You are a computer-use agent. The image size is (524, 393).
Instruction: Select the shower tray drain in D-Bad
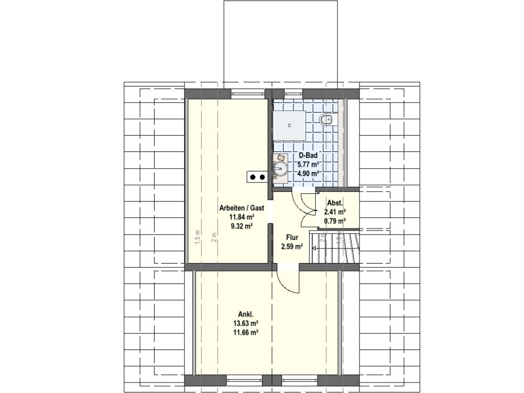coord(289,125)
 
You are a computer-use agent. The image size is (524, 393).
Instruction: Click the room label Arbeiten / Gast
coord(242,208)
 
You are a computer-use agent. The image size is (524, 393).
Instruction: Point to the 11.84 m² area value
coord(242,217)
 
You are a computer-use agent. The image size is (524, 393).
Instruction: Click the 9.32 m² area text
coord(242,226)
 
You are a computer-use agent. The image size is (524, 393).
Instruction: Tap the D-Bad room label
coord(308,156)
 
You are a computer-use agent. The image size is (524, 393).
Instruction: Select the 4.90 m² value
coord(308,173)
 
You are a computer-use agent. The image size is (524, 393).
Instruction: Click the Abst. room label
coord(335,203)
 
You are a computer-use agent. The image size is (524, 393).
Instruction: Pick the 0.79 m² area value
coord(335,221)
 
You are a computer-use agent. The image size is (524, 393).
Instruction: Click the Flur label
coord(292,237)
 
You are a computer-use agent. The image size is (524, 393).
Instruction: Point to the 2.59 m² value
coord(292,247)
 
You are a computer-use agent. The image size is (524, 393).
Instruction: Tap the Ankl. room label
coord(246,314)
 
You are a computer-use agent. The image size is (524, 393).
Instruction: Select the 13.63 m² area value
coord(246,323)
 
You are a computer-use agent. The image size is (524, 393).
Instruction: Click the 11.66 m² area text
coord(246,333)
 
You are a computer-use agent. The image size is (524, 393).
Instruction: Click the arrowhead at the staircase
coord(314,248)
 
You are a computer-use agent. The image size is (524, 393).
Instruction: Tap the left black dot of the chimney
coord(253,177)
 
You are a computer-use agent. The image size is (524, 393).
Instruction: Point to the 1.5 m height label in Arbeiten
coord(198,237)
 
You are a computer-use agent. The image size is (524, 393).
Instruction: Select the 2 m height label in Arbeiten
coord(214,237)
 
